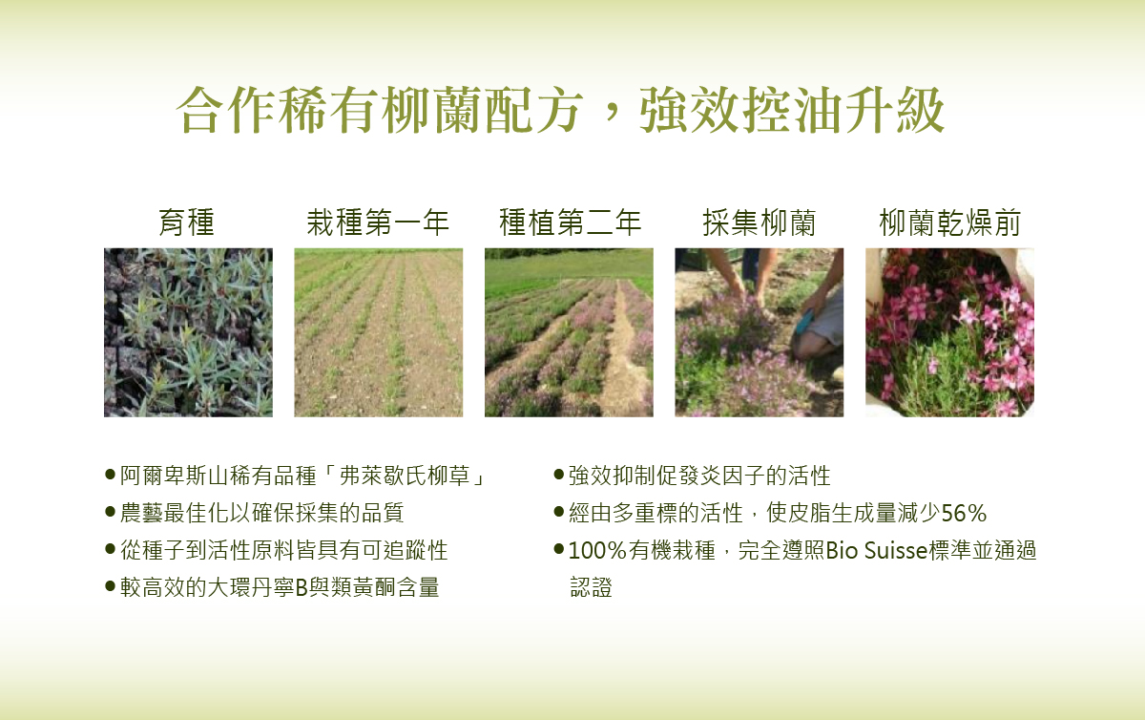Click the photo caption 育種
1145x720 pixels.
[187, 222]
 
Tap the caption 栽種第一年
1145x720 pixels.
[378, 222]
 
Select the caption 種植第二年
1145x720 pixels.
[570, 222]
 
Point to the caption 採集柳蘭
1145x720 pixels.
[760, 222]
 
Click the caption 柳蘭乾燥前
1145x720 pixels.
[949, 222]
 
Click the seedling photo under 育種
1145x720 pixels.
[188, 332]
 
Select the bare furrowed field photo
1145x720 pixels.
[378, 332]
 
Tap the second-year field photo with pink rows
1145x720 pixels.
[569, 332]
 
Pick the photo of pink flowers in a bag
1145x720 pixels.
[949, 332]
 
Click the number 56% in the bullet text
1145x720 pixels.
[964, 513]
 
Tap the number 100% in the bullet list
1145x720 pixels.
[597, 551]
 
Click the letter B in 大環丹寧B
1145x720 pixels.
[302, 587]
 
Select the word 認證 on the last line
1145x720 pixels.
[591, 587]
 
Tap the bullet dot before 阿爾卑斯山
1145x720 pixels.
[110, 474]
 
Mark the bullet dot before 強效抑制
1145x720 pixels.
[559, 474]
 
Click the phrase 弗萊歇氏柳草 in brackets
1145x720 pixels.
[405, 476]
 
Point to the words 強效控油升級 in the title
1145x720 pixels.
[792, 110]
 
